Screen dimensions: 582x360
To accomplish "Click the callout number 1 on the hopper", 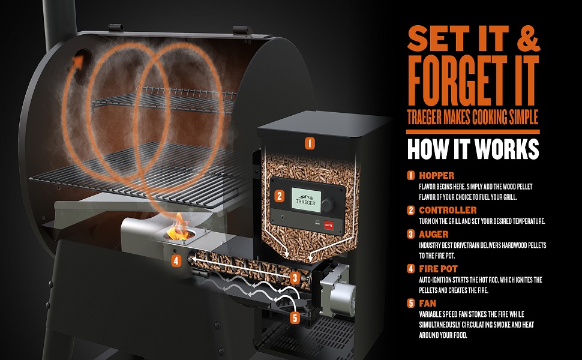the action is (310, 143).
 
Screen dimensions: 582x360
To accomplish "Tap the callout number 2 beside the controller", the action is (279, 196).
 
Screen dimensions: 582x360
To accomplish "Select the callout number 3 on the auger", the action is (295, 278).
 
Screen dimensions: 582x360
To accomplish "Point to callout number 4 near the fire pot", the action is (176, 260).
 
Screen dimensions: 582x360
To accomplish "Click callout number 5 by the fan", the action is (295, 317).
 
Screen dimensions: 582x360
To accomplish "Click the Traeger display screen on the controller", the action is (306, 200).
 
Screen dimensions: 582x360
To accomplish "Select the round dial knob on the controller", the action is (328, 205).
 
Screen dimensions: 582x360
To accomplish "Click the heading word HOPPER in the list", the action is (437, 176).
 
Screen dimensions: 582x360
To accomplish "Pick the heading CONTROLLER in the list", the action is (448, 210).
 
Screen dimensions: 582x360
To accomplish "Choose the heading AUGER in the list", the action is (434, 234).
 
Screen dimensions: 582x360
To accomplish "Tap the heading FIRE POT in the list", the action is (439, 269).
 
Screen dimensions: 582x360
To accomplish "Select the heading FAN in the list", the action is (428, 303).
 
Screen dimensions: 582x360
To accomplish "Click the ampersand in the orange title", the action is (528, 38).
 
